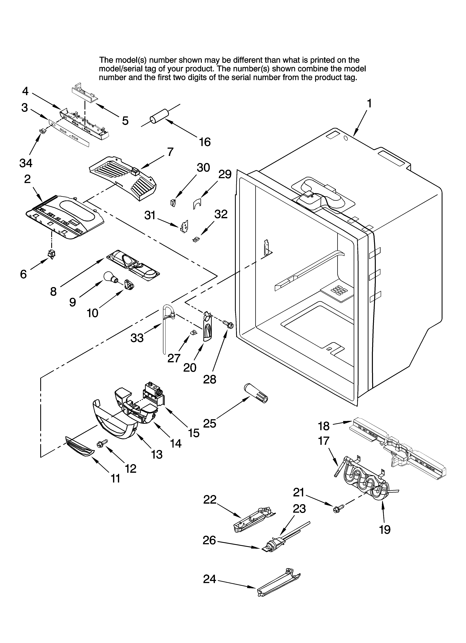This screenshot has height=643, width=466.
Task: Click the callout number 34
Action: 26,163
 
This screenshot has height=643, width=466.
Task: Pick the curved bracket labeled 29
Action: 196,204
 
